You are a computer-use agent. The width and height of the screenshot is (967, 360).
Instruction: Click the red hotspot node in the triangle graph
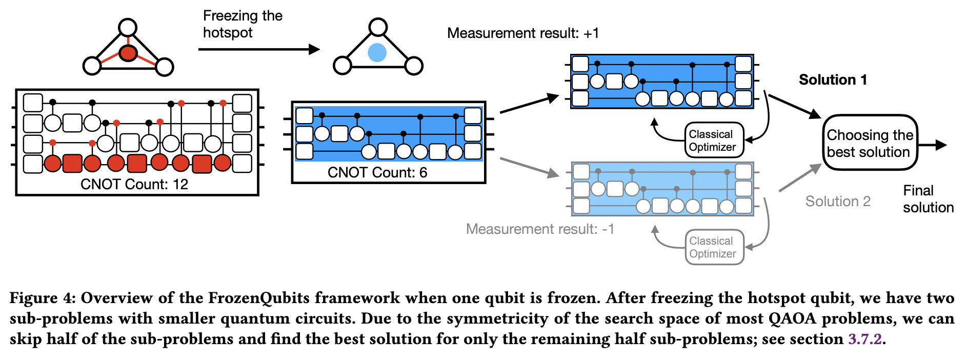pos(128,53)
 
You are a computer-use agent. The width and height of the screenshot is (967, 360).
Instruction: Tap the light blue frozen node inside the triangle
pos(377,52)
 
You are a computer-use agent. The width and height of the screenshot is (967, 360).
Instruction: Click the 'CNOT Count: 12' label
pos(134,184)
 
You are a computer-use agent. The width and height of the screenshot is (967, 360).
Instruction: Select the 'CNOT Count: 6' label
pos(377,172)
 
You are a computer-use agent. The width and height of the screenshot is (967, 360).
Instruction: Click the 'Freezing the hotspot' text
pos(242,24)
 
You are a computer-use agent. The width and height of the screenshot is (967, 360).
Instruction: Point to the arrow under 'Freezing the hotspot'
pos(258,49)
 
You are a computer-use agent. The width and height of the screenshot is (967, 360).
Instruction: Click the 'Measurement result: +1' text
pos(522,33)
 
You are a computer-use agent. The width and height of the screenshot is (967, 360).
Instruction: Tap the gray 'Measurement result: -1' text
pos(539,229)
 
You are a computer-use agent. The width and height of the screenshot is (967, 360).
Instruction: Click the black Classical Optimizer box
pos(714,140)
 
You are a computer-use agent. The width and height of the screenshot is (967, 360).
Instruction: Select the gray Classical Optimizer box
pos(714,247)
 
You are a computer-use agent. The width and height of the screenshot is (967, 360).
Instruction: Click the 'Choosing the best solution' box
pos(870,143)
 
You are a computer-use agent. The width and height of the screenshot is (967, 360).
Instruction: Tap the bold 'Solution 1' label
pos(833,80)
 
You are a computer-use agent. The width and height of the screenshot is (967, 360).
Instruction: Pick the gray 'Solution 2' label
pos(838,201)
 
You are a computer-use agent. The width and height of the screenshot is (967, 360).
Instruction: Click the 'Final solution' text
pos(928,199)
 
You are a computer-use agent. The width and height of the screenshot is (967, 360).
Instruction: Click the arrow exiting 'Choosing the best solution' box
pos(933,145)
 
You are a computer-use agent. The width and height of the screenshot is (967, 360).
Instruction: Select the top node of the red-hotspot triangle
pos(128,28)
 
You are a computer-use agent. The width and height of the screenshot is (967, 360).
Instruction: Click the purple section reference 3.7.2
pos(865,339)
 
